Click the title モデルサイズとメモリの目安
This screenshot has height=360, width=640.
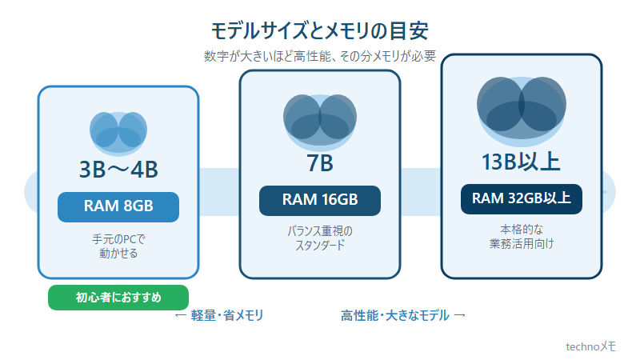pos(319,31)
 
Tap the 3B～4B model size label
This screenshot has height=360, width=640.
pos(118,170)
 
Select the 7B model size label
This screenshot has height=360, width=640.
pos(320,163)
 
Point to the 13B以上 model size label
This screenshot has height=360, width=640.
pos(522,162)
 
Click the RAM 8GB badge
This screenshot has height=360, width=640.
pos(118,207)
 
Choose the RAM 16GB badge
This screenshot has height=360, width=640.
pos(320,201)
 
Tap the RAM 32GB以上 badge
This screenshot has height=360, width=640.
pos(522,198)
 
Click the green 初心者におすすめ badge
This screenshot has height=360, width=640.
pos(118,298)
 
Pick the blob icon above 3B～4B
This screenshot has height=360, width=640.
pos(118,134)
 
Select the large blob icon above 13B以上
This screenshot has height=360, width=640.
pos(522,111)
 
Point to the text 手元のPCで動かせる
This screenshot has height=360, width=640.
pos(118,246)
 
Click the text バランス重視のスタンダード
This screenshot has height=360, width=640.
pos(320,238)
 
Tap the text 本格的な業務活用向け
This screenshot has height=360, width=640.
pos(522,236)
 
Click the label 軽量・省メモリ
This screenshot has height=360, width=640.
pos(227,315)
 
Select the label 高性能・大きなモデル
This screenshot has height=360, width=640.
pos(394,315)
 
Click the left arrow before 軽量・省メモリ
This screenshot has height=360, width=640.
pos(181,315)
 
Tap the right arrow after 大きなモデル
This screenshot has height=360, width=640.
pos(459,315)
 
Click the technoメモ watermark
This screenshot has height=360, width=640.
pos(590,346)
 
